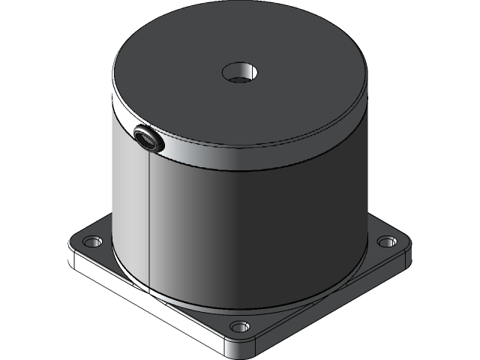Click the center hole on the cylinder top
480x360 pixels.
pos(241,73)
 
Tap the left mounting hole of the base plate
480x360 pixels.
pos(92,242)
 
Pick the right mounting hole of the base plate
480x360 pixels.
pos(385,241)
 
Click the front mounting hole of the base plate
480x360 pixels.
pos(239,327)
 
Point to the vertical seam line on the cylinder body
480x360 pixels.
pos(149,225)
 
